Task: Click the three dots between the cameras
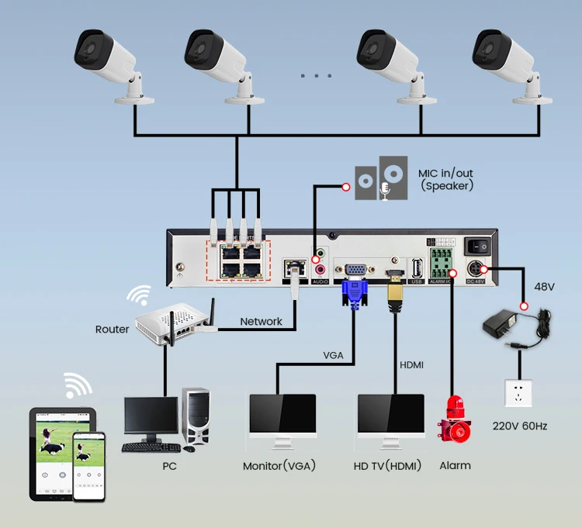click(315, 76)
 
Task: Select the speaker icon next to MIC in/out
click(380, 179)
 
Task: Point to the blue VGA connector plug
click(354, 292)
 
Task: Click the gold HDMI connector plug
click(396, 293)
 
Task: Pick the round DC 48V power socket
click(474, 268)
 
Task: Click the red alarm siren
click(454, 423)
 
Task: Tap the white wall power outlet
click(518, 392)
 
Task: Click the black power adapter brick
click(504, 325)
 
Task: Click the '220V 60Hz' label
click(519, 426)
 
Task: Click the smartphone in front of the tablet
click(88, 465)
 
